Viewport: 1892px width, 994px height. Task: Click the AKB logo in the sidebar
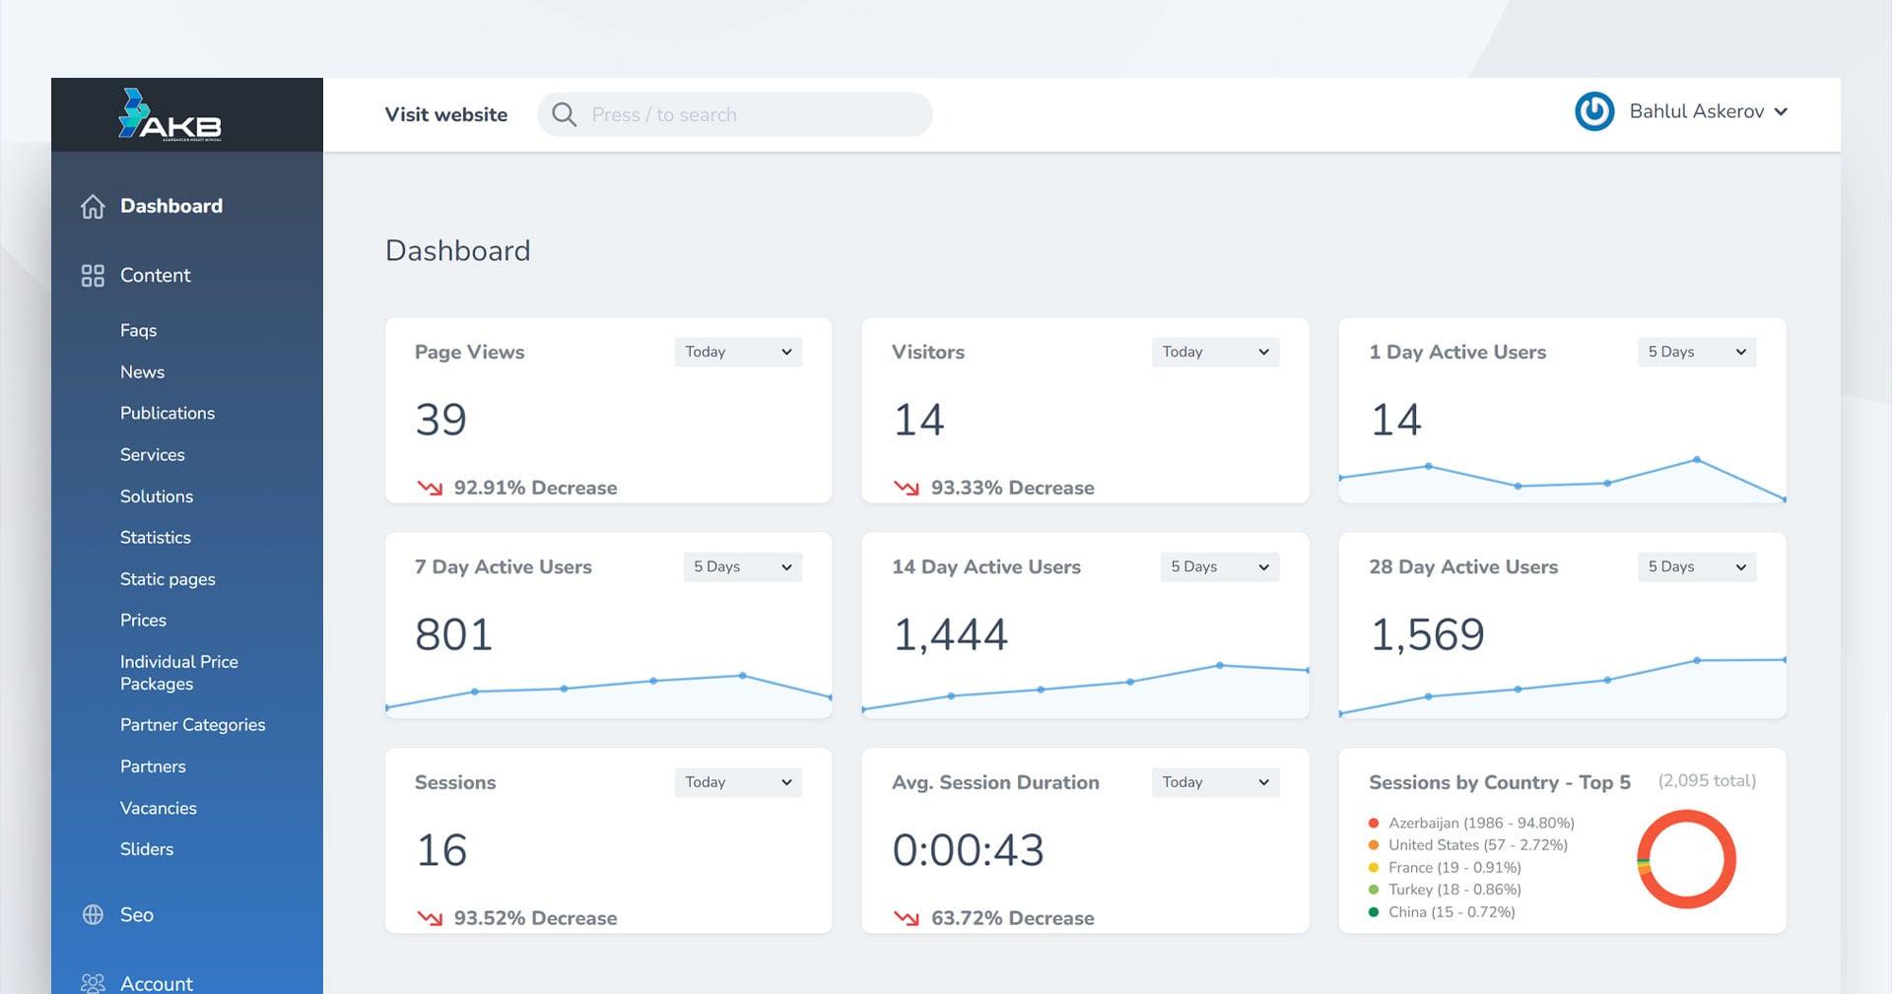pyautogui.click(x=169, y=115)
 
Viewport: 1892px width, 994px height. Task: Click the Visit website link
pyautogui.click(x=445, y=114)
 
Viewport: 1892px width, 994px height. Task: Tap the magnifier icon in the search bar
pyautogui.click(x=564, y=114)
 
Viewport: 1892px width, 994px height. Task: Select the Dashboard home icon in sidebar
pyautogui.click(x=93, y=207)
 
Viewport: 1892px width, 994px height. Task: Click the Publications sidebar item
pyautogui.click(x=167, y=413)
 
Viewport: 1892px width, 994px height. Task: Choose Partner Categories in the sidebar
pyautogui.click(x=192, y=724)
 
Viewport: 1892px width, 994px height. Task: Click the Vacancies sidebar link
pyautogui.click(x=158, y=808)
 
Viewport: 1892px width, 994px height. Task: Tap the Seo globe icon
pyautogui.click(x=93, y=914)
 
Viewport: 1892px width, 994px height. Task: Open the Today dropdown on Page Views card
pyautogui.click(x=738, y=352)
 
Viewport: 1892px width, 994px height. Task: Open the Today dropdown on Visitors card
pyautogui.click(x=1215, y=352)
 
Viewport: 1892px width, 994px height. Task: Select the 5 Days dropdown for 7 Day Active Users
pyautogui.click(x=742, y=566)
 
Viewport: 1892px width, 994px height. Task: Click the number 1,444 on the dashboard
pyautogui.click(x=950, y=634)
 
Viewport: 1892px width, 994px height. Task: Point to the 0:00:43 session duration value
pyautogui.click(x=968, y=850)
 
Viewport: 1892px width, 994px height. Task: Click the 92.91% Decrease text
pyautogui.click(x=535, y=488)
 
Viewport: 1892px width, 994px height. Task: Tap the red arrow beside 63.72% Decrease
pyautogui.click(x=906, y=918)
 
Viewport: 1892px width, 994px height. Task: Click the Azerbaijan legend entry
pyautogui.click(x=1480, y=823)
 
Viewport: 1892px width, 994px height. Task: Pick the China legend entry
pyautogui.click(x=1451, y=912)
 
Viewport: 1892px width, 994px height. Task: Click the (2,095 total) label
pyautogui.click(x=1707, y=781)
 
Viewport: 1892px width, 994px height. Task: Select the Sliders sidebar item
pyautogui.click(x=146, y=849)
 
